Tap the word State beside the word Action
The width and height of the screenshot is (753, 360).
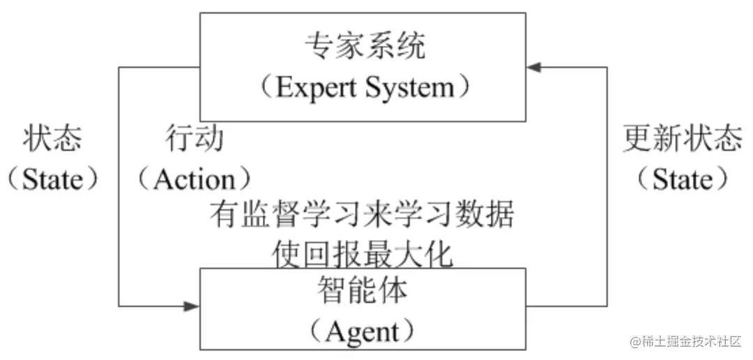[x=52, y=179]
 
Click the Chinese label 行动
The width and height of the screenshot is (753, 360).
[x=195, y=139]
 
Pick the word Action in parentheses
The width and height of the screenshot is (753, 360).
[x=195, y=179]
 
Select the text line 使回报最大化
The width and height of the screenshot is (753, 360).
[x=362, y=255]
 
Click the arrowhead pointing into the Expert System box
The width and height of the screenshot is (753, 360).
[x=533, y=67]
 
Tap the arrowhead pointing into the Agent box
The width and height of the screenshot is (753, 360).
[x=192, y=306]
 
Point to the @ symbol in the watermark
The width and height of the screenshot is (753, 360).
[x=635, y=342]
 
